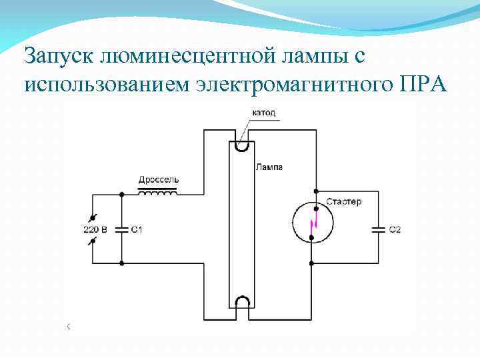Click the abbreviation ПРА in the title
425,86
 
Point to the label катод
263,113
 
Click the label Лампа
269,167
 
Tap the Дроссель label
158,180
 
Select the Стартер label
344,201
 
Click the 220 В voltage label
95,230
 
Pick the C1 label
137,230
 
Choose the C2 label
395,230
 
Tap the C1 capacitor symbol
121,229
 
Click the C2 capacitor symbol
378,229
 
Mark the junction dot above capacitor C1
121,195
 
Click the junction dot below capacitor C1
121,263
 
